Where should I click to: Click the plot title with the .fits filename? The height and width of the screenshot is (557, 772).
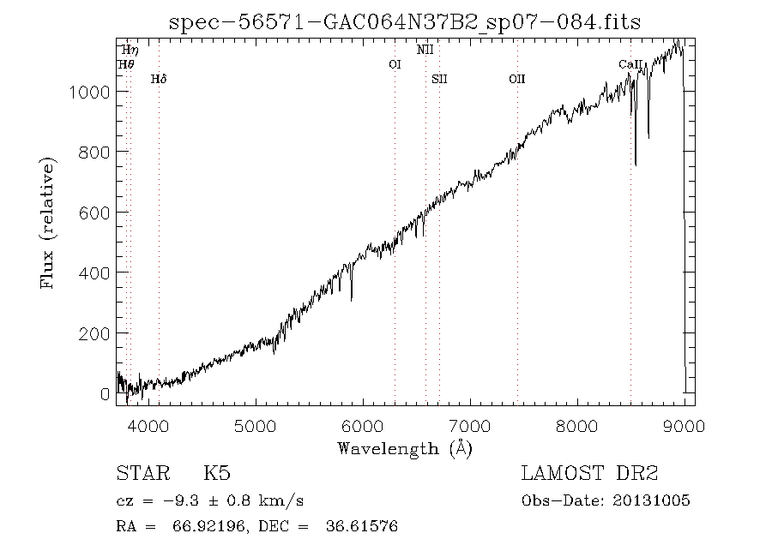point(405,21)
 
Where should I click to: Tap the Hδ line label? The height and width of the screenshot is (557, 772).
point(159,80)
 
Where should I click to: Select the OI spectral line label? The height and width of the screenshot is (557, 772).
point(395,64)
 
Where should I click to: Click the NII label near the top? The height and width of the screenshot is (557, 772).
point(425,50)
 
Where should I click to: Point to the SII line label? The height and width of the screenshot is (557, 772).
point(440,80)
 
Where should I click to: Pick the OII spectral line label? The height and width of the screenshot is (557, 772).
point(516,80)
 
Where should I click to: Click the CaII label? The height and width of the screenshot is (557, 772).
point(630,64)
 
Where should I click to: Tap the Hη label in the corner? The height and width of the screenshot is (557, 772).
point(130,51)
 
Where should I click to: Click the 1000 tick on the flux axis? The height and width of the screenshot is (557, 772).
point(91,92)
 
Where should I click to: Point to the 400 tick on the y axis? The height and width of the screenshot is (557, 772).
point(95,273)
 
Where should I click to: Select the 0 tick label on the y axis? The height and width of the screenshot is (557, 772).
point(106,393)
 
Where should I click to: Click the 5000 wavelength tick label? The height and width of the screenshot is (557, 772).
point(256,426)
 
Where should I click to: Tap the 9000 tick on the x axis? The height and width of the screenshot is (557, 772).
point(685,426)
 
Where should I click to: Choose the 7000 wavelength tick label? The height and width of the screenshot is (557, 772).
point(470,426)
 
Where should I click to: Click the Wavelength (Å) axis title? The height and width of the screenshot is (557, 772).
point(405,448)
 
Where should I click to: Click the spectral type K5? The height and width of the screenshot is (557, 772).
point(216,473)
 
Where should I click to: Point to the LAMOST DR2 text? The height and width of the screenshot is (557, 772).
point(588,473)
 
